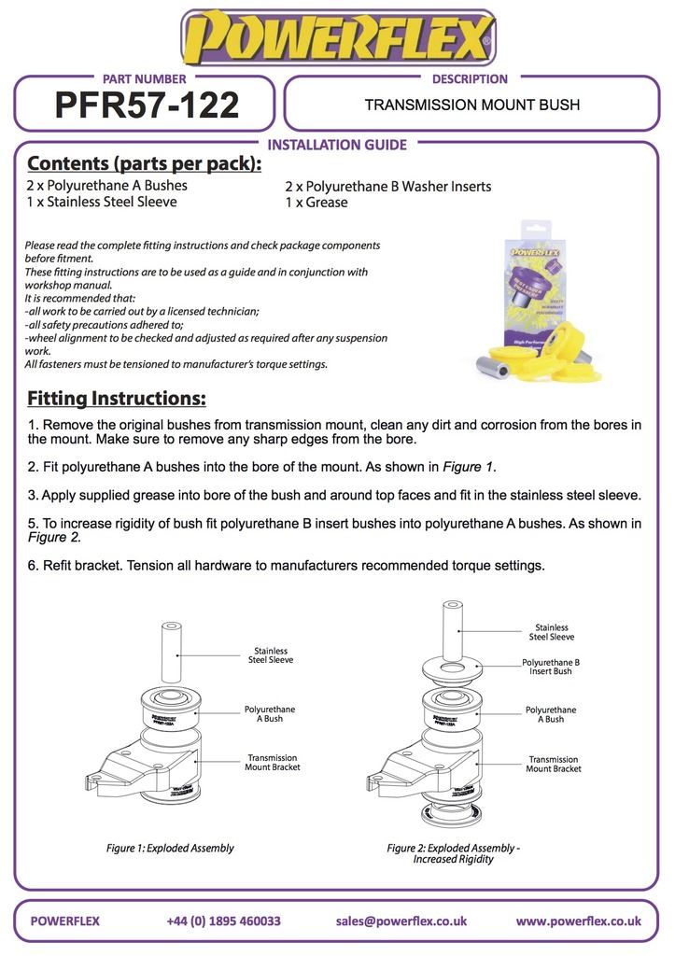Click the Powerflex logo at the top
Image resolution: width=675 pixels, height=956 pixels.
337,39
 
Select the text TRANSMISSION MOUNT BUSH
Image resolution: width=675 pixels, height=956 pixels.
471,105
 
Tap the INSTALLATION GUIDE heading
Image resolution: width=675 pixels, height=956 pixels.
337,145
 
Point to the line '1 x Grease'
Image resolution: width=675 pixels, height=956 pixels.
316,203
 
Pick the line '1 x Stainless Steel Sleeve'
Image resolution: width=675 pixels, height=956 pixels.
101,203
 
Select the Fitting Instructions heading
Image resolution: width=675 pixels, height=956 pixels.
116,399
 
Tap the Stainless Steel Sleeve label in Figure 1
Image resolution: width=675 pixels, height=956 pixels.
270,655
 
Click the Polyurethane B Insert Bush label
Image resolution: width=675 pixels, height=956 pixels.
551,667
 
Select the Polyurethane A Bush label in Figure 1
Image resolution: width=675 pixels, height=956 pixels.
270,714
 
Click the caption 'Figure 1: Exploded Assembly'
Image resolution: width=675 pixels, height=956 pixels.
170,849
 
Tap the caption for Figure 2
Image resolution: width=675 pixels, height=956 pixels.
453,853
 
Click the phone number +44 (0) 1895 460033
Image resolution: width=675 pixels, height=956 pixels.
223,921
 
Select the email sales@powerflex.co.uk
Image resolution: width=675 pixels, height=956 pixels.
401,921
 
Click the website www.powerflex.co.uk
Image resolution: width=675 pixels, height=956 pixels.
578,921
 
